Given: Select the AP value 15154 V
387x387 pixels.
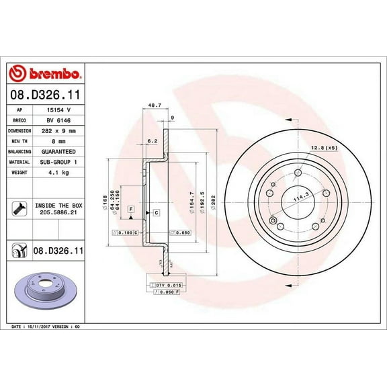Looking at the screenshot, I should [60, 109].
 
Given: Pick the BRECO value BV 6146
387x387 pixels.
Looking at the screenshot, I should [60, 120].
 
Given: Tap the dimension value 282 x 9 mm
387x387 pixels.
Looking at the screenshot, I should [62, 130].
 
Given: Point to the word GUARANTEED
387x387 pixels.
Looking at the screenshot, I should [64, 152].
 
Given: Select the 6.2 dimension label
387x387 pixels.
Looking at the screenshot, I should [152, 142].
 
